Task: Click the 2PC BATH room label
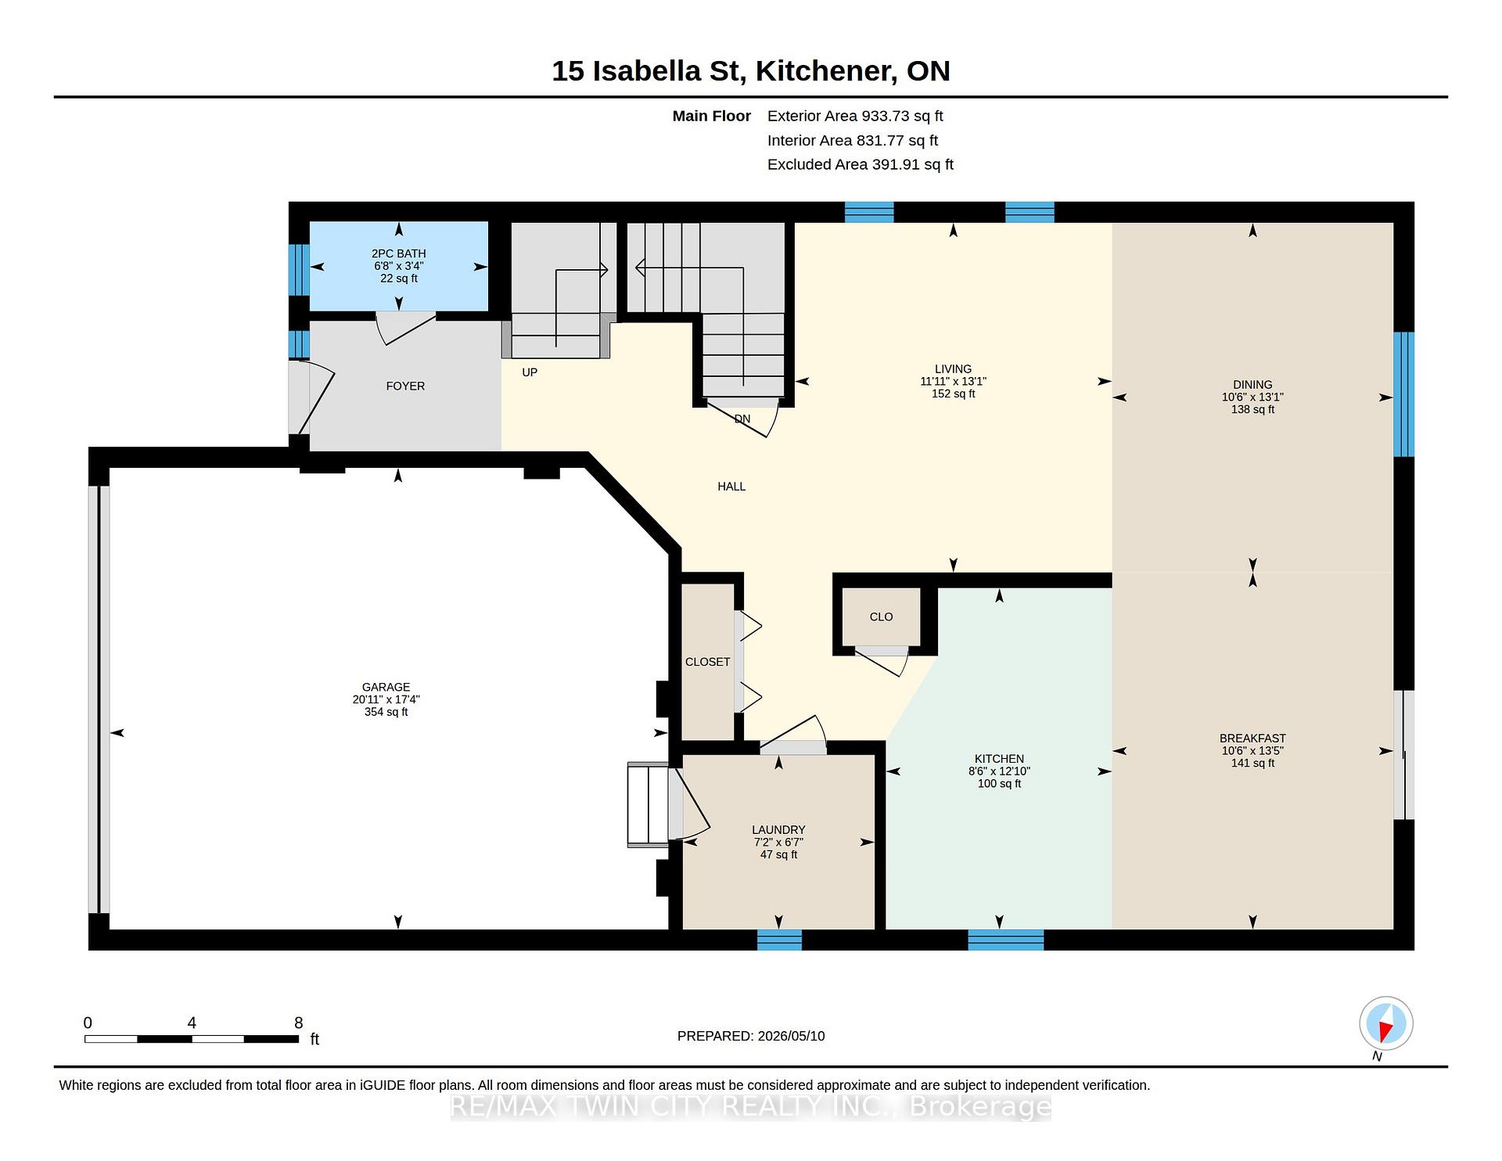coord(399,253)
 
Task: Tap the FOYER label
coord(405,386)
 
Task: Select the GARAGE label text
coord(386,687)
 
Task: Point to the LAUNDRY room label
coord(778,829)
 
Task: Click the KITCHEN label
coord(999,759)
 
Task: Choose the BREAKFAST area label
coord(1252,739)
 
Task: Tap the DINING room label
coord(1252,385)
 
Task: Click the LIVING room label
coord(953,369)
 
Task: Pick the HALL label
coord(731,487)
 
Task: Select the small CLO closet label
coord(881,616)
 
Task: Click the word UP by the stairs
coord(530,372)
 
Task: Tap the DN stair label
coord(742,419)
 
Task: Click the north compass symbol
coord(1385,1023)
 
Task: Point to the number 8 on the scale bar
coord(298,1023)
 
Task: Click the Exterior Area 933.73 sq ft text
coord(855,116)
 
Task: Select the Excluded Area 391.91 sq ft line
coord(861,164)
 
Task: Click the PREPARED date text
coord(751,1036)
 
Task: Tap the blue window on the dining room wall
coord(1404,394)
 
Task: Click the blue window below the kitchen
coord(1006,940)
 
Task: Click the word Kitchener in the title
coord(825,71)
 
